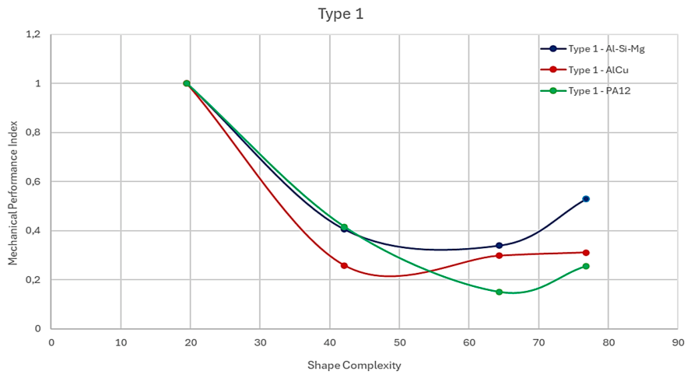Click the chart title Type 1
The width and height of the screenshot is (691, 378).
tap(341, 14)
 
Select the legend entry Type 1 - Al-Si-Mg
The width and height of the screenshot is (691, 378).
tap(593, 49)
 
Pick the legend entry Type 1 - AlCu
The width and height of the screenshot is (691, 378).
tap(584, 69)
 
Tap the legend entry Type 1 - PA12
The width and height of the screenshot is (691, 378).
tap(585, 91)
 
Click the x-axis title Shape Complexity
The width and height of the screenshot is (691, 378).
tap(354, 366)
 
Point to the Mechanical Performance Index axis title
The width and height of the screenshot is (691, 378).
tap(12, 193)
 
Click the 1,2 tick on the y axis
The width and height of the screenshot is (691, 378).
tap(33, 34)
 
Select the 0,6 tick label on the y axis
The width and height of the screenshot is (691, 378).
tap(33, 181)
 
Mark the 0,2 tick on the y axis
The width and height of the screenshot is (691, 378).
tap(33, 280)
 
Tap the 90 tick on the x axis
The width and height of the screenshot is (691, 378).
tap(678, 342)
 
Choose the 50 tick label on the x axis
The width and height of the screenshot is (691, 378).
tap(399, 342)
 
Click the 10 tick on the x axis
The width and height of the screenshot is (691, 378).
tap(121, 342)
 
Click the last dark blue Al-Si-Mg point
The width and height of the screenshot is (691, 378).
tap(586, 198)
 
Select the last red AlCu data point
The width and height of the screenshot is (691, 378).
tap(586, 253)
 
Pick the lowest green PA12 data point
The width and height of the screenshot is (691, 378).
tap(499, 292)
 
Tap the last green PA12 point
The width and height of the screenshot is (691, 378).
tap(586, 266)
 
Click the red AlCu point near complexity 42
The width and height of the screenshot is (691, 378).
tap(344, 266)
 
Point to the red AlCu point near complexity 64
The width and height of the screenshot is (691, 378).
tap(499, 256)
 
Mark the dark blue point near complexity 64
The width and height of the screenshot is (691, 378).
tap(499, 246)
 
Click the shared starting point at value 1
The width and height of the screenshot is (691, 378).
tap(187, 83)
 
